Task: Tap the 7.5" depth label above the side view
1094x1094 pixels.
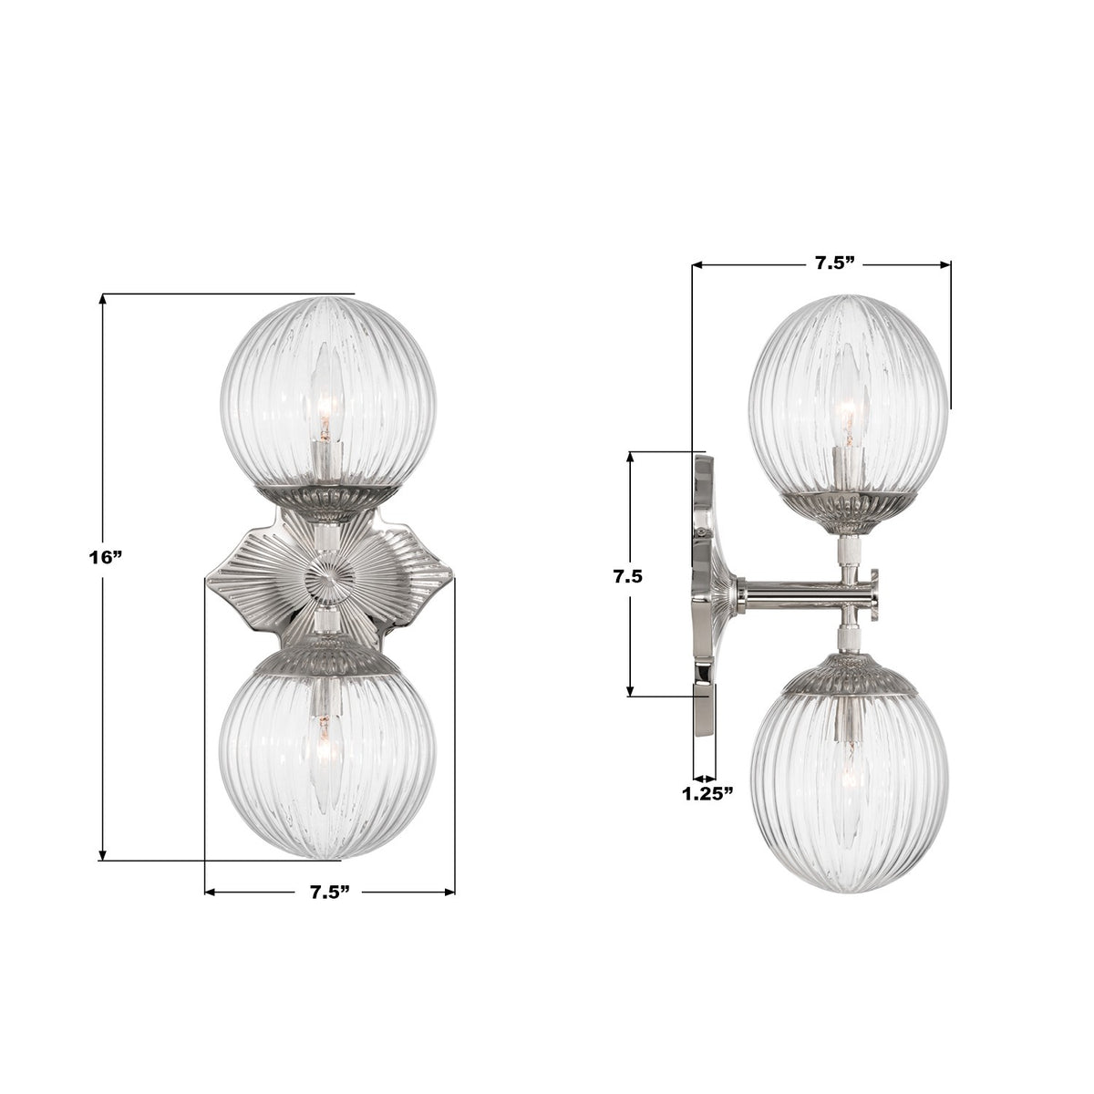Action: pyautogui.click(x=833, y=264)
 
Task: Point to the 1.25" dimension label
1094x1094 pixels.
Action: pyautogui.click(x=707, y=793)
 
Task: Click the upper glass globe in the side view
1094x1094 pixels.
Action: pyautogui.click(x=834, y=392)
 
